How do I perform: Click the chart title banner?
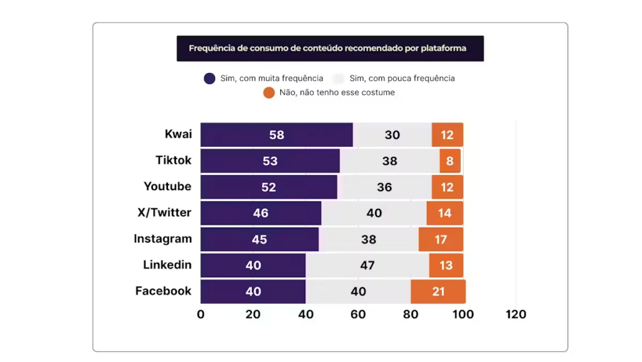330,48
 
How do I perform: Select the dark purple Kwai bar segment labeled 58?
276,135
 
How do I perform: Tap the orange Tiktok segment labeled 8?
450,161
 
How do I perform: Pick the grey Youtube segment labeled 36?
384,187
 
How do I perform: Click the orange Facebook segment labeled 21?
438,291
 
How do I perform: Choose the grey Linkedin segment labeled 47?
367,265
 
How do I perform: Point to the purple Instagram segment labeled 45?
260,239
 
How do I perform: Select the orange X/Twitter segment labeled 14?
445,213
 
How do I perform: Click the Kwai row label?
178,134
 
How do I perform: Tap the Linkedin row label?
167,265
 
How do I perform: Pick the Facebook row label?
163,291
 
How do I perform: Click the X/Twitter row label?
164,213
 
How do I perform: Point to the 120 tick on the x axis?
516,314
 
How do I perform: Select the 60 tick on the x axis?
358,314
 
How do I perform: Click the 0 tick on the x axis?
201,314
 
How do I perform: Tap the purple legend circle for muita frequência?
210,78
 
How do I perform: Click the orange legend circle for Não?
269,93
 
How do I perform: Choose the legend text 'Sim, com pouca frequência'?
402,78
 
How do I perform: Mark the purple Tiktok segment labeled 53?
270,161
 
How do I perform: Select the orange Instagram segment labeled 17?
441,239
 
